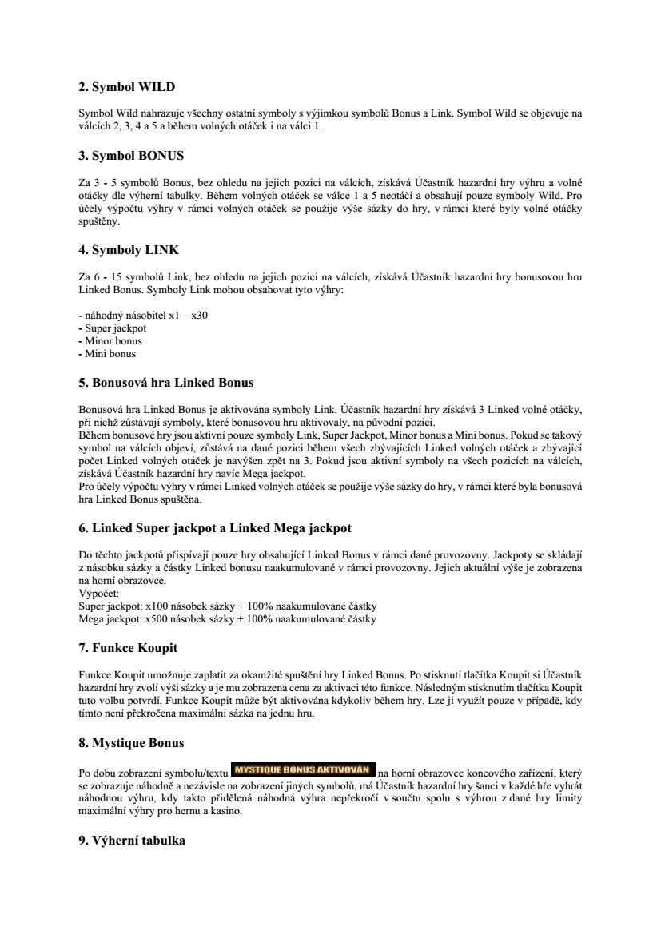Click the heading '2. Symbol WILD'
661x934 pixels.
[x=126, y=87]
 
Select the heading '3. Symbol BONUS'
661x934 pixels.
[x=131, y=155]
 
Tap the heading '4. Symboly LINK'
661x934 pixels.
[x=128, y=249]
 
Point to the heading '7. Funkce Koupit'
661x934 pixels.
[x=128, y=647]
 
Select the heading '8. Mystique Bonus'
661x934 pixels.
[x=131, y=743]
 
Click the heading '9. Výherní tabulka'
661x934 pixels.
[x=132, y=840]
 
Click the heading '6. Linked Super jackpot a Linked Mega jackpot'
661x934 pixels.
[x=215, y=528]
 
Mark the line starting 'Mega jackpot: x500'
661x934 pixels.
[x=228, y=619]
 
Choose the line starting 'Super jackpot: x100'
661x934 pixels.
[x=228, y=606]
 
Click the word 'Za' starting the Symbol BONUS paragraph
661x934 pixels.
[x=84, y=182]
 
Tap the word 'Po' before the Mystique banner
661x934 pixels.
[x=84, y=773]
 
